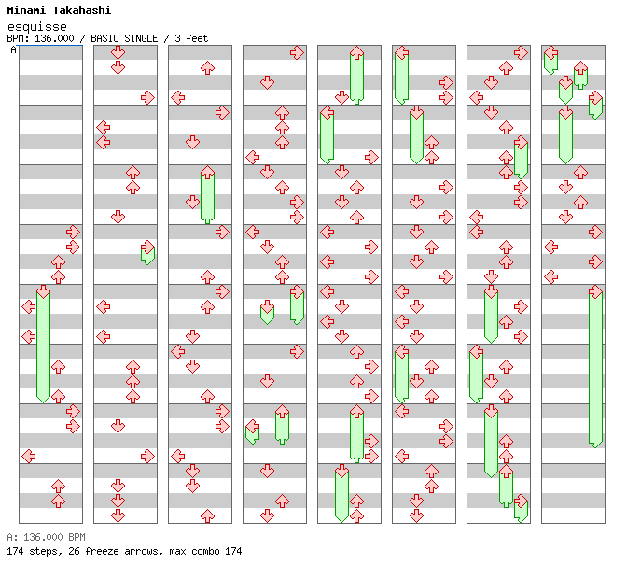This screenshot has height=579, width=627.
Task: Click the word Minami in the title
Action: coord(27,10)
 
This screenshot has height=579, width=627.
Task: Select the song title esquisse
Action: coord(36,26)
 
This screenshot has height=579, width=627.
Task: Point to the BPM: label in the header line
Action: coord(19,38)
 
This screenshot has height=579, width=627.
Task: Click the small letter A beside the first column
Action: coord(13,49)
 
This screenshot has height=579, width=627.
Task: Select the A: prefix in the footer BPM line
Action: coord(11,537)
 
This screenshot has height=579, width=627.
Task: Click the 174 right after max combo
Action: coord(232,551)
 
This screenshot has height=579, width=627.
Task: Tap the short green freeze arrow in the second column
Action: coord(147,253)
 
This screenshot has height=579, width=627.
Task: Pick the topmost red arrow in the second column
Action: coord(118,52)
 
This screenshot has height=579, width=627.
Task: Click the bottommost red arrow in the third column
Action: coord(207,515)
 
